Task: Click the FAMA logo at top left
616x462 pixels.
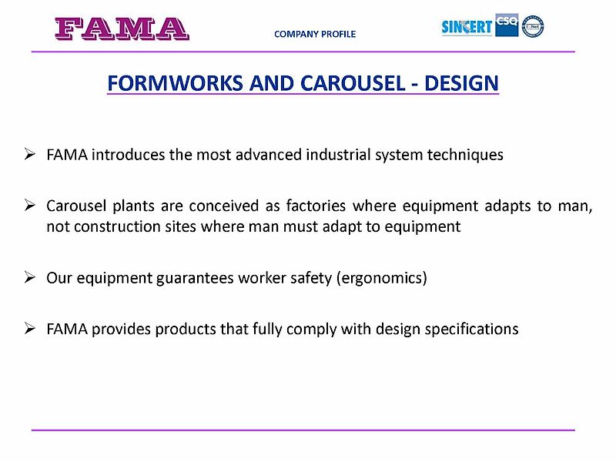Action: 122,28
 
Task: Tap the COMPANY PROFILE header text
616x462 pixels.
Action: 315,34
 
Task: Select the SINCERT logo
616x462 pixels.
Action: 467,27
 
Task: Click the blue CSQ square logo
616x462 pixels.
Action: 507,25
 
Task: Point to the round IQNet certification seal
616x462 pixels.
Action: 533,26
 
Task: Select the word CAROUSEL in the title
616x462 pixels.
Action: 353,83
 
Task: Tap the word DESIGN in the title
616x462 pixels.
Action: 461,83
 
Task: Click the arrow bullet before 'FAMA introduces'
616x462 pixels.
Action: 29,154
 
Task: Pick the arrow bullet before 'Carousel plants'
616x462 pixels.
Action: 29,205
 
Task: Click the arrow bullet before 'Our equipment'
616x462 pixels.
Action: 29,277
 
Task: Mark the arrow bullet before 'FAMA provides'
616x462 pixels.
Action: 29,328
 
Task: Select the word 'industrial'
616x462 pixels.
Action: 338,155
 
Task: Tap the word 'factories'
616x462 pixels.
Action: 316,206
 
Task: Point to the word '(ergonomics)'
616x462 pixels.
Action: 381,278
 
